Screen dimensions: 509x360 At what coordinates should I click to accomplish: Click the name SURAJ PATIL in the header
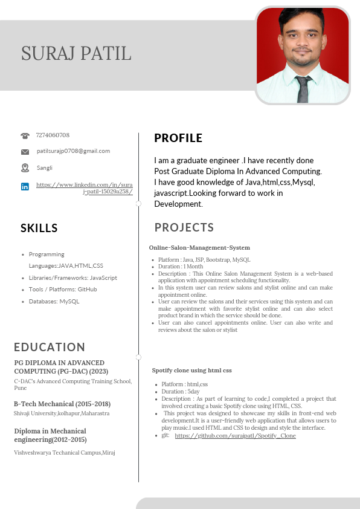click(76, 53)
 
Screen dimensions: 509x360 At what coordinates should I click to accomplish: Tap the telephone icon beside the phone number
click(25, 136)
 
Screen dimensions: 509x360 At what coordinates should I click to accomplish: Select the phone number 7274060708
click(53, 135)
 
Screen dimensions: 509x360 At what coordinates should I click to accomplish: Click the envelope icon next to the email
click(25, 152)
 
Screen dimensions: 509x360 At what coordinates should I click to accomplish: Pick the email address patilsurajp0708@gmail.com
click(73, 151)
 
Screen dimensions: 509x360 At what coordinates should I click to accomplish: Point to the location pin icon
click(25, 167)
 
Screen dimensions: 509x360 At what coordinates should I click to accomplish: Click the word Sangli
click(45, 168)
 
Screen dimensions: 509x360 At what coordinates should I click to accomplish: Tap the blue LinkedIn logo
click(25, 187)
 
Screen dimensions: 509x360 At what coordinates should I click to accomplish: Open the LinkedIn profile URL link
click(85, 187)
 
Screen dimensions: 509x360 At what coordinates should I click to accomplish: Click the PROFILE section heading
click(178, 138)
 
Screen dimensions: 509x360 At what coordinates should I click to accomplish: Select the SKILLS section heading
click(39, 229)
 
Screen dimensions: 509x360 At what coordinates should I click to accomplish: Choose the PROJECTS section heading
click(184, 228)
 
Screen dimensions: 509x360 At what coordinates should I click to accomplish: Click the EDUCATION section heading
click(50, 347)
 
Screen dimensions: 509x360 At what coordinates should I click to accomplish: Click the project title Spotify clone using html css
click(191, 370)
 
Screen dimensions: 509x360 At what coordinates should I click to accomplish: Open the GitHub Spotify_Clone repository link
click(235, 435)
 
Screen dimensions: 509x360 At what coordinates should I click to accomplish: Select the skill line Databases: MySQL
click(54, 301)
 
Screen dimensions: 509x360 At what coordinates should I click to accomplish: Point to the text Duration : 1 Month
click(181, 267)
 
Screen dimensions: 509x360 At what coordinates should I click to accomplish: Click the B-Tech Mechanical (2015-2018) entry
click(62, 404)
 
